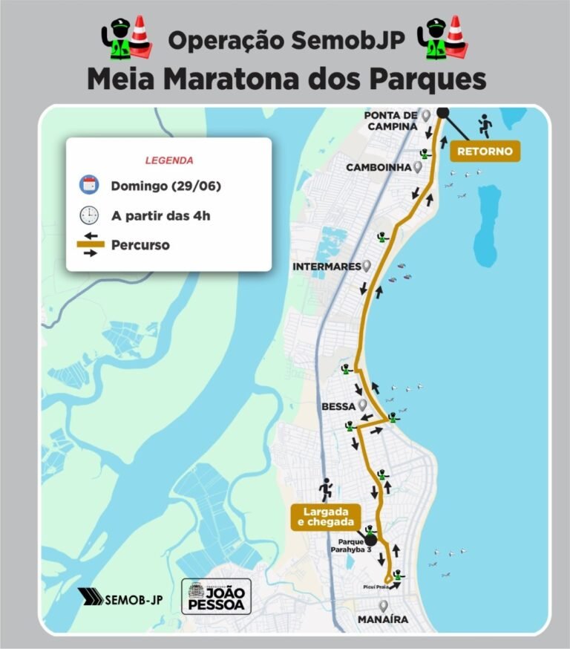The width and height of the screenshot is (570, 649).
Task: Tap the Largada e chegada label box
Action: pyautogui.click(x=326, y=517)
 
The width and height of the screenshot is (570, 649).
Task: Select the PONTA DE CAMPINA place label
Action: pyautogui.click(x=390, y=120)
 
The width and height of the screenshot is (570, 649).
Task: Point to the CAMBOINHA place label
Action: pyautogui.click(x=379, y=168)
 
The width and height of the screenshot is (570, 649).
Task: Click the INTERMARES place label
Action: pyautogui.click(x=326, y=266)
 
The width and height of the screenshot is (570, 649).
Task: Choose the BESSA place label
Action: pyautogui.click(x=338, y=407)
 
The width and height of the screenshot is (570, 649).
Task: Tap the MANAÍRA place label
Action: pyautogui.click(x=382, y=619)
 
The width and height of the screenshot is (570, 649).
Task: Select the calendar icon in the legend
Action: pyautogui.click(x=89, y=185)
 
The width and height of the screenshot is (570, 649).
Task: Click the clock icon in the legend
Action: pyautogui.click(x=89, y=215)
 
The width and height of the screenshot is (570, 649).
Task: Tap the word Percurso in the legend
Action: pyautogui.click(x=140, y=245)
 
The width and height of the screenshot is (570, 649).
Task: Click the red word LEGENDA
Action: pyautogui.click(x=169, y=160)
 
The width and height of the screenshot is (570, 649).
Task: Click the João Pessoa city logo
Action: pyautogui.click(x=216, y=596)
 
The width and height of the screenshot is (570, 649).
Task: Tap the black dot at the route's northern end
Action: pyautogui.click(x=442, y=113)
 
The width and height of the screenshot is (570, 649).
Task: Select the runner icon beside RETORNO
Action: pyautogui.click(x=485, y=125)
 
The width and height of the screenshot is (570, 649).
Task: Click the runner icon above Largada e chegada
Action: pyautogui.click(x=325, y=489)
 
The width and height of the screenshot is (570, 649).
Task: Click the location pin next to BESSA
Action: pyautogui.click(x=362, y=405)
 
